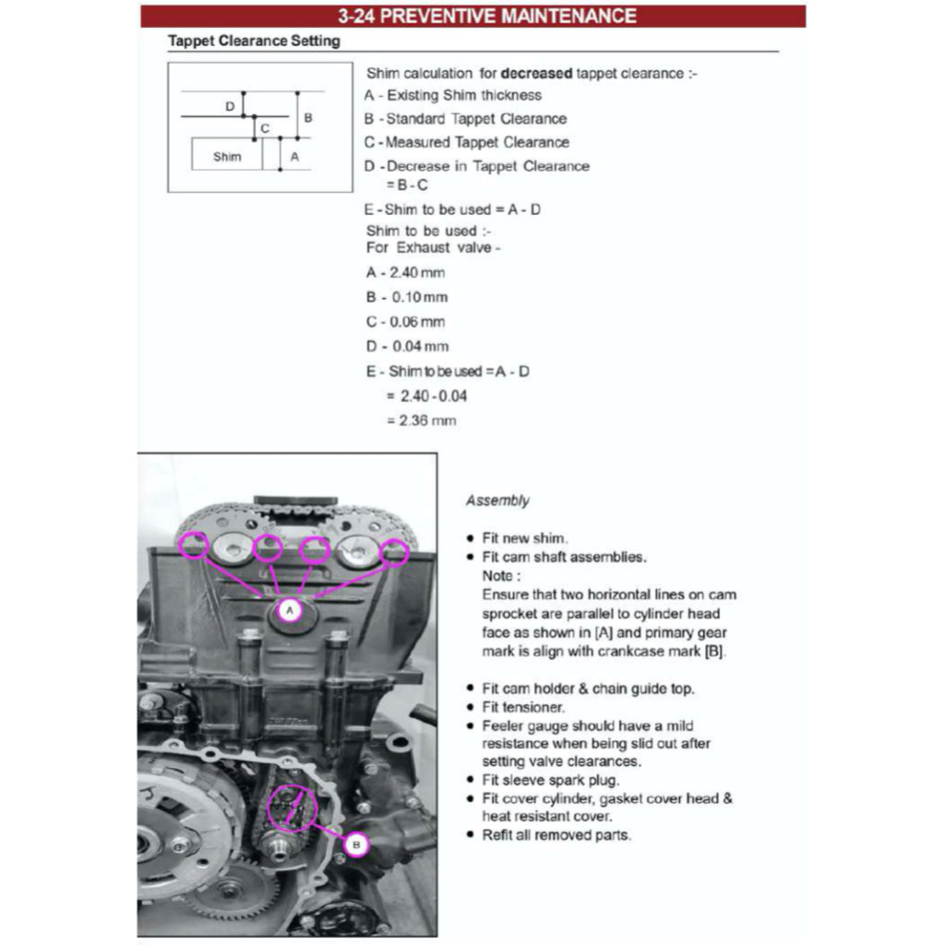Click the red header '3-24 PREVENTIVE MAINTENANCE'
[473, 17]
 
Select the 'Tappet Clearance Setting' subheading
[254, 42]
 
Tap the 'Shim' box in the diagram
[227, 156]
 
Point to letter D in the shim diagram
[230, 107]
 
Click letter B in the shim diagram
[308, 118]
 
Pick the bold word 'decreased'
[537, 73]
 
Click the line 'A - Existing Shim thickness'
[453, 95]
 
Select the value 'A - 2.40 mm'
[405, 273]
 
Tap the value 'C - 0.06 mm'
[405, 322]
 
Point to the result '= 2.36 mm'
[421, 421]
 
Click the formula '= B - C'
[407, 185]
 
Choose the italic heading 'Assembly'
[497, 501]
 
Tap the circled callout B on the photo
[358, 843]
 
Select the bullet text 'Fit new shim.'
[524, 539]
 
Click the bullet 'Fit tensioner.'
[523, 707]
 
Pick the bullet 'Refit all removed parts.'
[556, 835]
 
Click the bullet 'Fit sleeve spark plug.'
[551, 781]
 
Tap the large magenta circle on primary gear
[292, 808]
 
